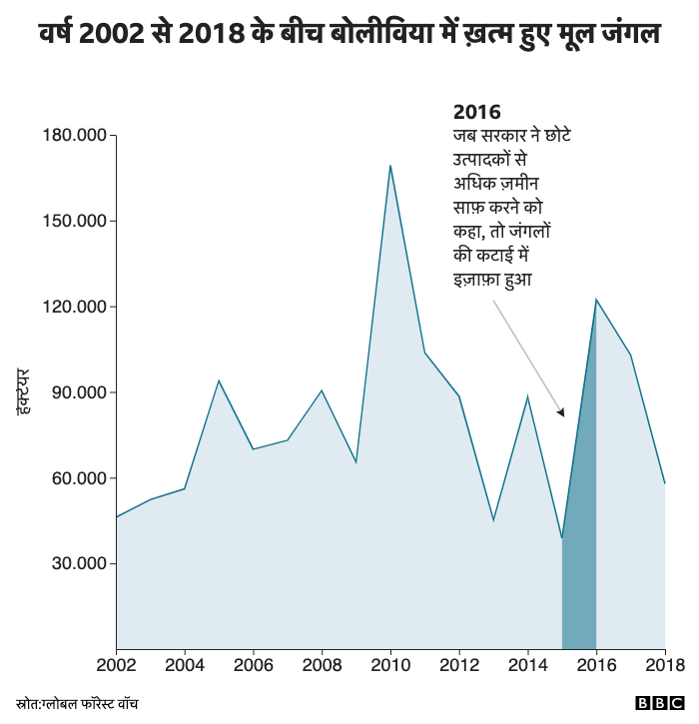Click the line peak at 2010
pos(390,166)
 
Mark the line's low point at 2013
pos(493,520)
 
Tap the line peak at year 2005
pos(219,380)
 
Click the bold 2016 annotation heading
pos(476,112)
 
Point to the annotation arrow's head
pos(561,412)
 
